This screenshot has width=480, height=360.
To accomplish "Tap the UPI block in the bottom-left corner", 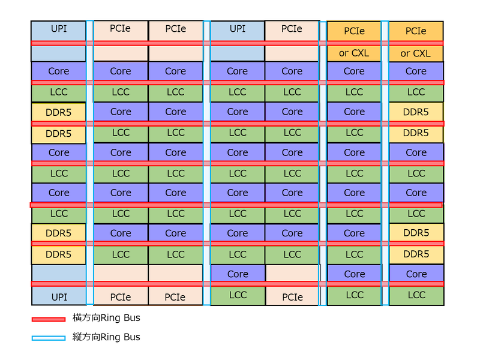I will point(59,296).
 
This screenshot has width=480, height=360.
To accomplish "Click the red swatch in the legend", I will point(48,319).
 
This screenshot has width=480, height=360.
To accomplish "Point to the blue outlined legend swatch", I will point(48,338).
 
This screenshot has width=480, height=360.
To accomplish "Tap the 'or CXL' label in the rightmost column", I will point(416,53).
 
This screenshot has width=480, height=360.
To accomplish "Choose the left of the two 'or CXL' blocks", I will point(354,53).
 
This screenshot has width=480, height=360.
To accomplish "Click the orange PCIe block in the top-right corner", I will point(416,31).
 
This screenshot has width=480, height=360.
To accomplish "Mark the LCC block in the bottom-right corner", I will point(416,295).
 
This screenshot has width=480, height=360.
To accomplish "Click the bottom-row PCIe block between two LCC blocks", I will point(292,296).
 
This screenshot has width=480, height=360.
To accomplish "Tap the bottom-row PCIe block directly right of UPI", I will point(121,296).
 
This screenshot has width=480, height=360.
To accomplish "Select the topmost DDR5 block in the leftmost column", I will point(58,112).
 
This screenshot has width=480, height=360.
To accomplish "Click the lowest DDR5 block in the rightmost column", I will point(416,254).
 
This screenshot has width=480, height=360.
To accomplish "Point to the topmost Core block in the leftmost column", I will point(58,71).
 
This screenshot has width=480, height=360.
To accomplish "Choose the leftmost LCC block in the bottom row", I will point(237,295).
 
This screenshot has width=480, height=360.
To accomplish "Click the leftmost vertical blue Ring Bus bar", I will point(90,162).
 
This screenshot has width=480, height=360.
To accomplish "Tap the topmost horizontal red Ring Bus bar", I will point(237,43).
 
